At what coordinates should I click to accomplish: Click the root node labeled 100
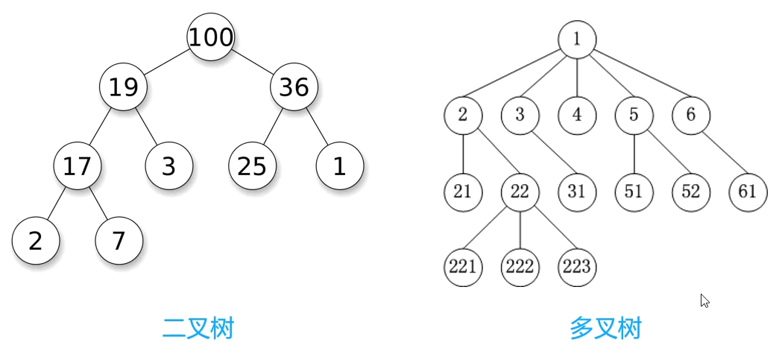[210, 37]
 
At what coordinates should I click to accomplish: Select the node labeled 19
[124, 87]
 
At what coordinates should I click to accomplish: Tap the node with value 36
[294, 87]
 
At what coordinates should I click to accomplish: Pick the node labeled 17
[77, 165]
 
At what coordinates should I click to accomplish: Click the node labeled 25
[252, 165]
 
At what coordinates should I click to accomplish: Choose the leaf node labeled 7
[119, 241]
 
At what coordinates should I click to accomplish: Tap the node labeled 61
[748, 192]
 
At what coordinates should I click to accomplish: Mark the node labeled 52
[691, 192]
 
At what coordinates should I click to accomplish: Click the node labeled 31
[577, 192]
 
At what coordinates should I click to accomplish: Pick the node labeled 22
[520, 192]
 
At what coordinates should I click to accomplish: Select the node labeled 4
[577, 115]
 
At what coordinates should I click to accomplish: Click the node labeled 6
[691, 115]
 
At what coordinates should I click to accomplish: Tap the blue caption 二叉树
[198, 328]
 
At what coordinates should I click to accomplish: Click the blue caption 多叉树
[605, 328]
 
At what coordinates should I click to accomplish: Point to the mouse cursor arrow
[704, 300]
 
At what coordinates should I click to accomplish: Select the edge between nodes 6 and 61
[719, 154]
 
